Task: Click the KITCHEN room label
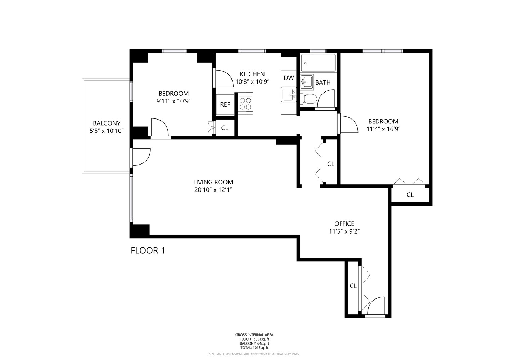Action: click(252, 74)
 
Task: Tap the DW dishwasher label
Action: click(289, 78)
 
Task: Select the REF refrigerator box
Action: click(225, 104)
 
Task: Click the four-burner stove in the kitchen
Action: click(246, 103)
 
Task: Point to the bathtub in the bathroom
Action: click(318, 63)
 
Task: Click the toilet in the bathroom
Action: click(308, 99)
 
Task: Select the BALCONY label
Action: click(107, 123)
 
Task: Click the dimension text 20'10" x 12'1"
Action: click(213, 190)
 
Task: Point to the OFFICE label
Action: click(344, 224)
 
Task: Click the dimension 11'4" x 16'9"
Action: click(383, 129)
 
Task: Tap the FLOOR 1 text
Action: click(148, 251)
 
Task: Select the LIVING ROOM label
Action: click(213, 182)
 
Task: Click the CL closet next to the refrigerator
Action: click(224, 128)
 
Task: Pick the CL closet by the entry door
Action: click(353, 286)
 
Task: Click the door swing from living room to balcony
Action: click(141, 157)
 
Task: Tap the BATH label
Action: click(323, 82)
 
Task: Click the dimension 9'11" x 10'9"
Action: click(173, 101)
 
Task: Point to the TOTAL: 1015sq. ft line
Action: click(254, 348)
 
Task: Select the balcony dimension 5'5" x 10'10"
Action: click(107, 131)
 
